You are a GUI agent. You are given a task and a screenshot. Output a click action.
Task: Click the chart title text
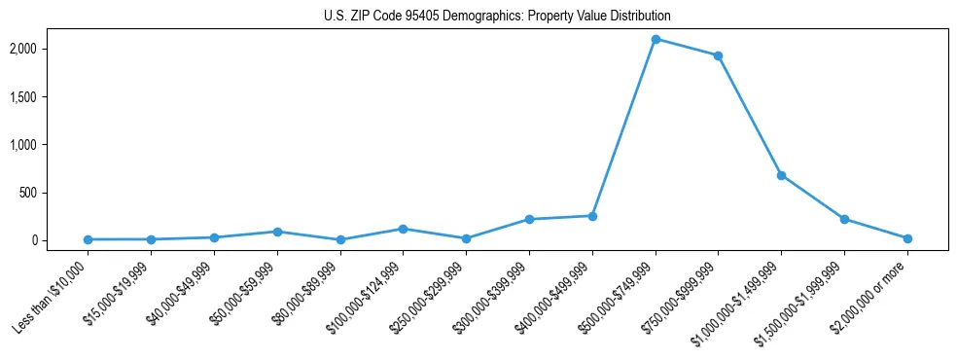pyautogui.click(x=497, y=17)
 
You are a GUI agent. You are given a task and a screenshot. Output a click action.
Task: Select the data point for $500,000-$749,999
pyautogui.click(x=656, y=39)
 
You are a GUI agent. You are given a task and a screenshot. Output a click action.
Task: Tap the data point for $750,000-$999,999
pyautogui.click(x=718, y=55)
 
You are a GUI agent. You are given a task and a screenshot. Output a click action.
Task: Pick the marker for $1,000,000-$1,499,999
pyautogui.click(x=781, y=175)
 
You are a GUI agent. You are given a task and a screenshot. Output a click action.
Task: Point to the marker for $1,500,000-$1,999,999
pyautogui.click(x=844, y=219)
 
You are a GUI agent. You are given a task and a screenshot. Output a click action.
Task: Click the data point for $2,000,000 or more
pyautogui.click(x=907, y=238)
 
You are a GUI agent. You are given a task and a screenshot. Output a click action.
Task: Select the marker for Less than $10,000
pyautogui.click(x=89, y=239)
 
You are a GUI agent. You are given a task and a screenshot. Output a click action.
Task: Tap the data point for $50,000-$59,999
pyautogui.click(x=277, y=232)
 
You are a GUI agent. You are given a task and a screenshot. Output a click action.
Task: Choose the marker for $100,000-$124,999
pyautogui.click(x=404, y=229)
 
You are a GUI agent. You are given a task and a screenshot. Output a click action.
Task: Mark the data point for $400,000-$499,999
pyautogui.click(x=592, y=216)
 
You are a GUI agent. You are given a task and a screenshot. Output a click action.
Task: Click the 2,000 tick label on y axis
pyautogui.click(x=50, y=49)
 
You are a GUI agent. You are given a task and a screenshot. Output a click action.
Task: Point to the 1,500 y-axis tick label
pyautogui.click(x=50, y=96)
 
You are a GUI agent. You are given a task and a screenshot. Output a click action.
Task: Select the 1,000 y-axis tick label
pyautogui.click(x=50, y=144)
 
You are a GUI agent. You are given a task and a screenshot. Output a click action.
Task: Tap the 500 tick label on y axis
pyautogui.click(x=56, y=193)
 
